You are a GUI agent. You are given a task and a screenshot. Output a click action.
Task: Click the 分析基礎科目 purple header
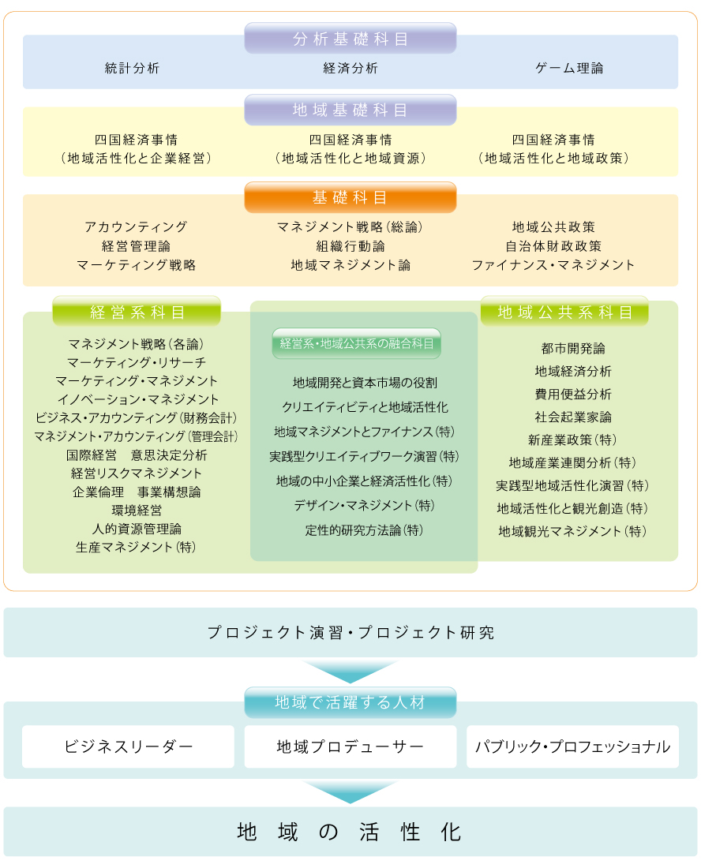coord(350,38)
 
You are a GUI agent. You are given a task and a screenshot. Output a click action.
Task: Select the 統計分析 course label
coord(133,68)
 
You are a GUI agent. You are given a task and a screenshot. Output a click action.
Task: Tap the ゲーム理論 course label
coord(569,68)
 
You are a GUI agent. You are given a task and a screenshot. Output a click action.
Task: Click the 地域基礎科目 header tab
coord(350,110)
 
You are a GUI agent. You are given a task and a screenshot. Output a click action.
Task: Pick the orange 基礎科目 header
coord(350,197)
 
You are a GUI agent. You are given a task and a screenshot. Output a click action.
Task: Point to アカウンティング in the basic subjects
coord(137,227)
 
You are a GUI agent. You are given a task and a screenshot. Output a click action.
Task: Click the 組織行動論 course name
coord(350,245)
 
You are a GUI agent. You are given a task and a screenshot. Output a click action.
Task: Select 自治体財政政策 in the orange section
coord(553,245)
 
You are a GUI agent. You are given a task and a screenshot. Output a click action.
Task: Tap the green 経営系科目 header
coord(137,312)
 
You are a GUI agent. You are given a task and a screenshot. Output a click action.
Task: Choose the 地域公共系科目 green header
coord(564,312)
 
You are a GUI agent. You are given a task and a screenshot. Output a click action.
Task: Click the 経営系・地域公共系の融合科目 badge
coord(357,343)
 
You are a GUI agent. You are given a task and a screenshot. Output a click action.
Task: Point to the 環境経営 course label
coord(137,510)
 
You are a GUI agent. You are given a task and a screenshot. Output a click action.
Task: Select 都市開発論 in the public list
coord(573,348)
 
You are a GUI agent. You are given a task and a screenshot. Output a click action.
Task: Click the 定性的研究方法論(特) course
coord(364,530)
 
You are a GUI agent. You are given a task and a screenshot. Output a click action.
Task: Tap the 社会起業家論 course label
coord(573,417)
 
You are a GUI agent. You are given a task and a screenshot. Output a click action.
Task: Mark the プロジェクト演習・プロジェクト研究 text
coord(350,632)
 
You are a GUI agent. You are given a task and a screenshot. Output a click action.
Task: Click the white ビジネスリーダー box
coord(128,746)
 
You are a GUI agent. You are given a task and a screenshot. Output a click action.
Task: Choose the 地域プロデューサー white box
coord(350,746)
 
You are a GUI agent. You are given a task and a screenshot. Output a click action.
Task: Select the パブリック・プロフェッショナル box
coord(572,746)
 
